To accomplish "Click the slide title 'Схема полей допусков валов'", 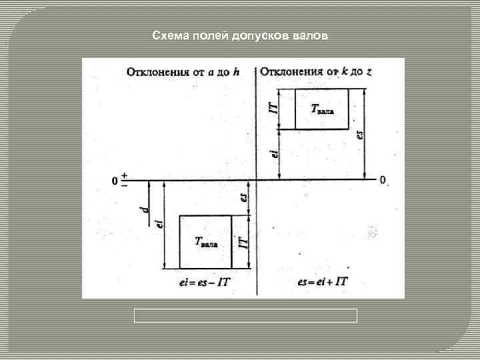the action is (x=240, y=35).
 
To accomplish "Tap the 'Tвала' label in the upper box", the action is (x=323, y=109).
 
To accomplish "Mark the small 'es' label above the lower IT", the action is (x=243, y=198).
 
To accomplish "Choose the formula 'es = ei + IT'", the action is (x=323, y=282).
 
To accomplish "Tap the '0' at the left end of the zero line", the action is (x=115, y=181).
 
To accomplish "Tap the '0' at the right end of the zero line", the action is (x=383, y=180).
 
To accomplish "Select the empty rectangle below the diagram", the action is (x=245, y=315).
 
